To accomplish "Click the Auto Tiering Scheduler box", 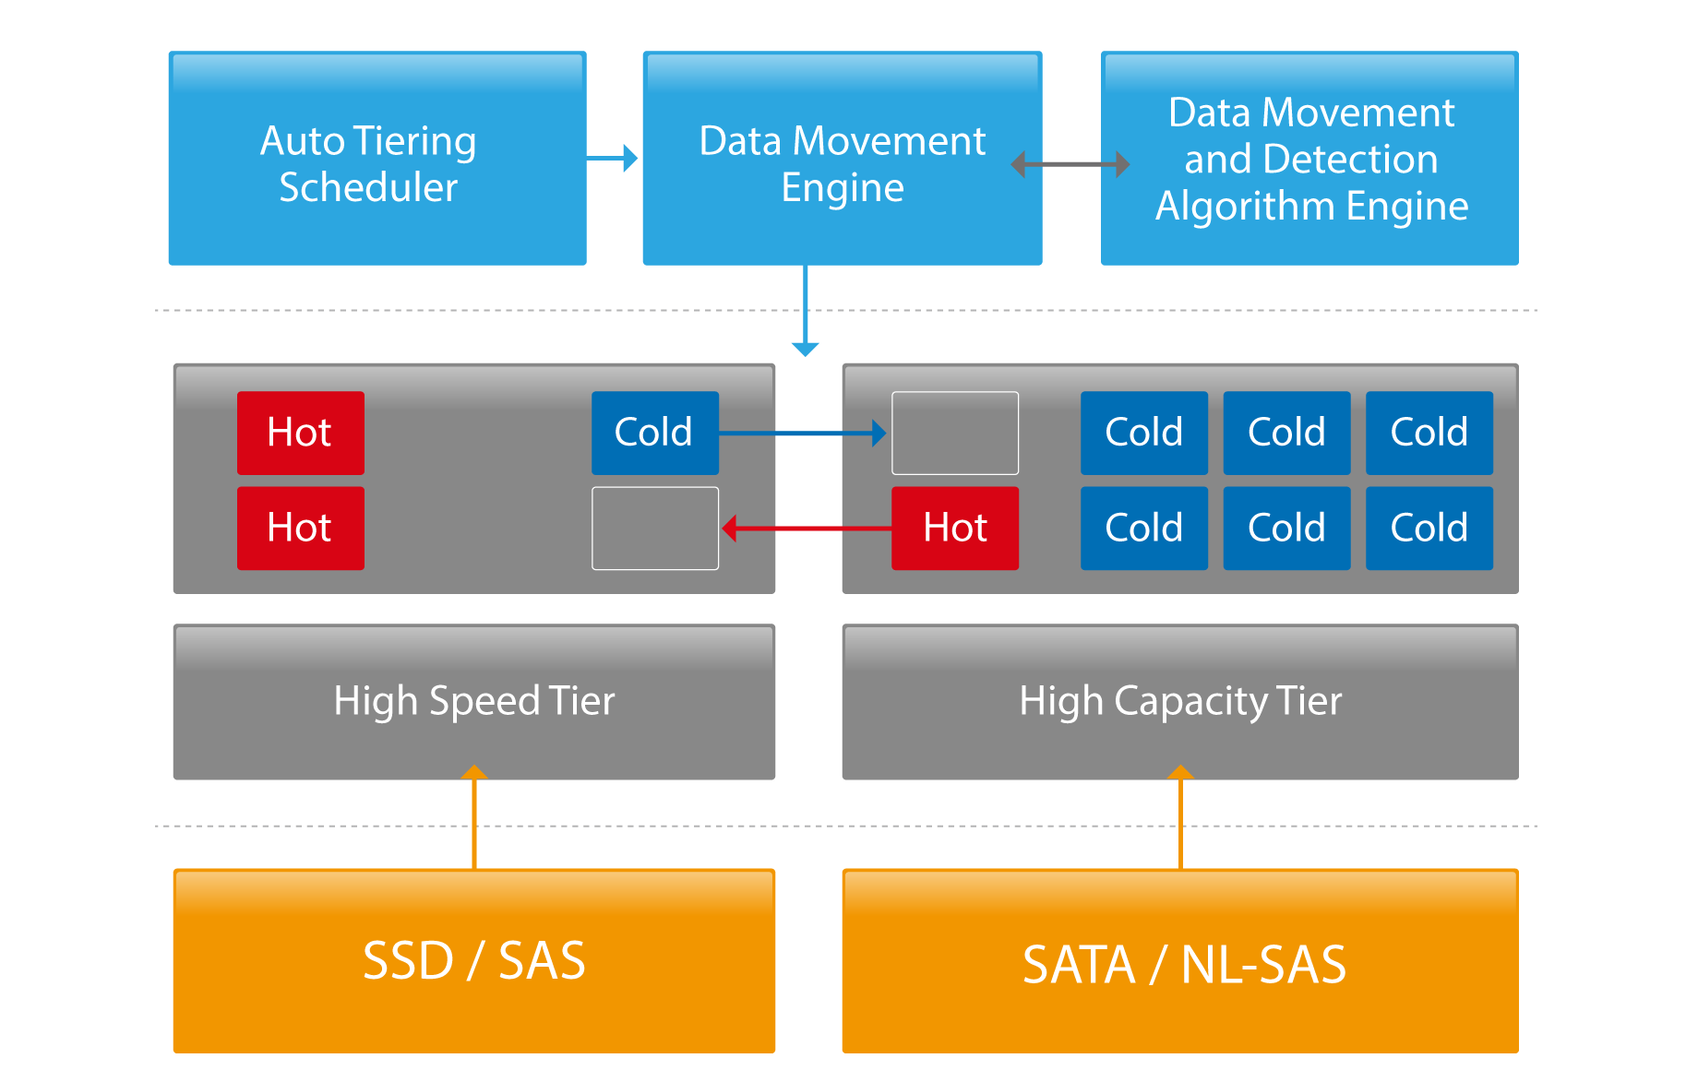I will point(377,159).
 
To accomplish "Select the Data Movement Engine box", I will point(842,159).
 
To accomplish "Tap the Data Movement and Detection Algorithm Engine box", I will point(1309,159).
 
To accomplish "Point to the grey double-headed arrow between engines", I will point(1070,164).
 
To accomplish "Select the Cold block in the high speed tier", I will point(654,433).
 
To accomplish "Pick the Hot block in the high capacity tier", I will point(954,529).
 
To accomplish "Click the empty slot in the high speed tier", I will point(654,529).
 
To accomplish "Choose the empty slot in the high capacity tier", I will point(954,433).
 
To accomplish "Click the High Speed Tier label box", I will point(473,701).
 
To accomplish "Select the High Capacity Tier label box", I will point(1179,701).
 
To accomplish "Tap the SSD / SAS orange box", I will point(473,960).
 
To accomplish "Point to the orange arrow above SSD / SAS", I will point(473,817).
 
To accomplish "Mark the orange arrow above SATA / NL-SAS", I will point(1180,817).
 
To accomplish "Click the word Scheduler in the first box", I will point(368,187).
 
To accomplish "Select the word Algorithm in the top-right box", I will point(1245,206).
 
